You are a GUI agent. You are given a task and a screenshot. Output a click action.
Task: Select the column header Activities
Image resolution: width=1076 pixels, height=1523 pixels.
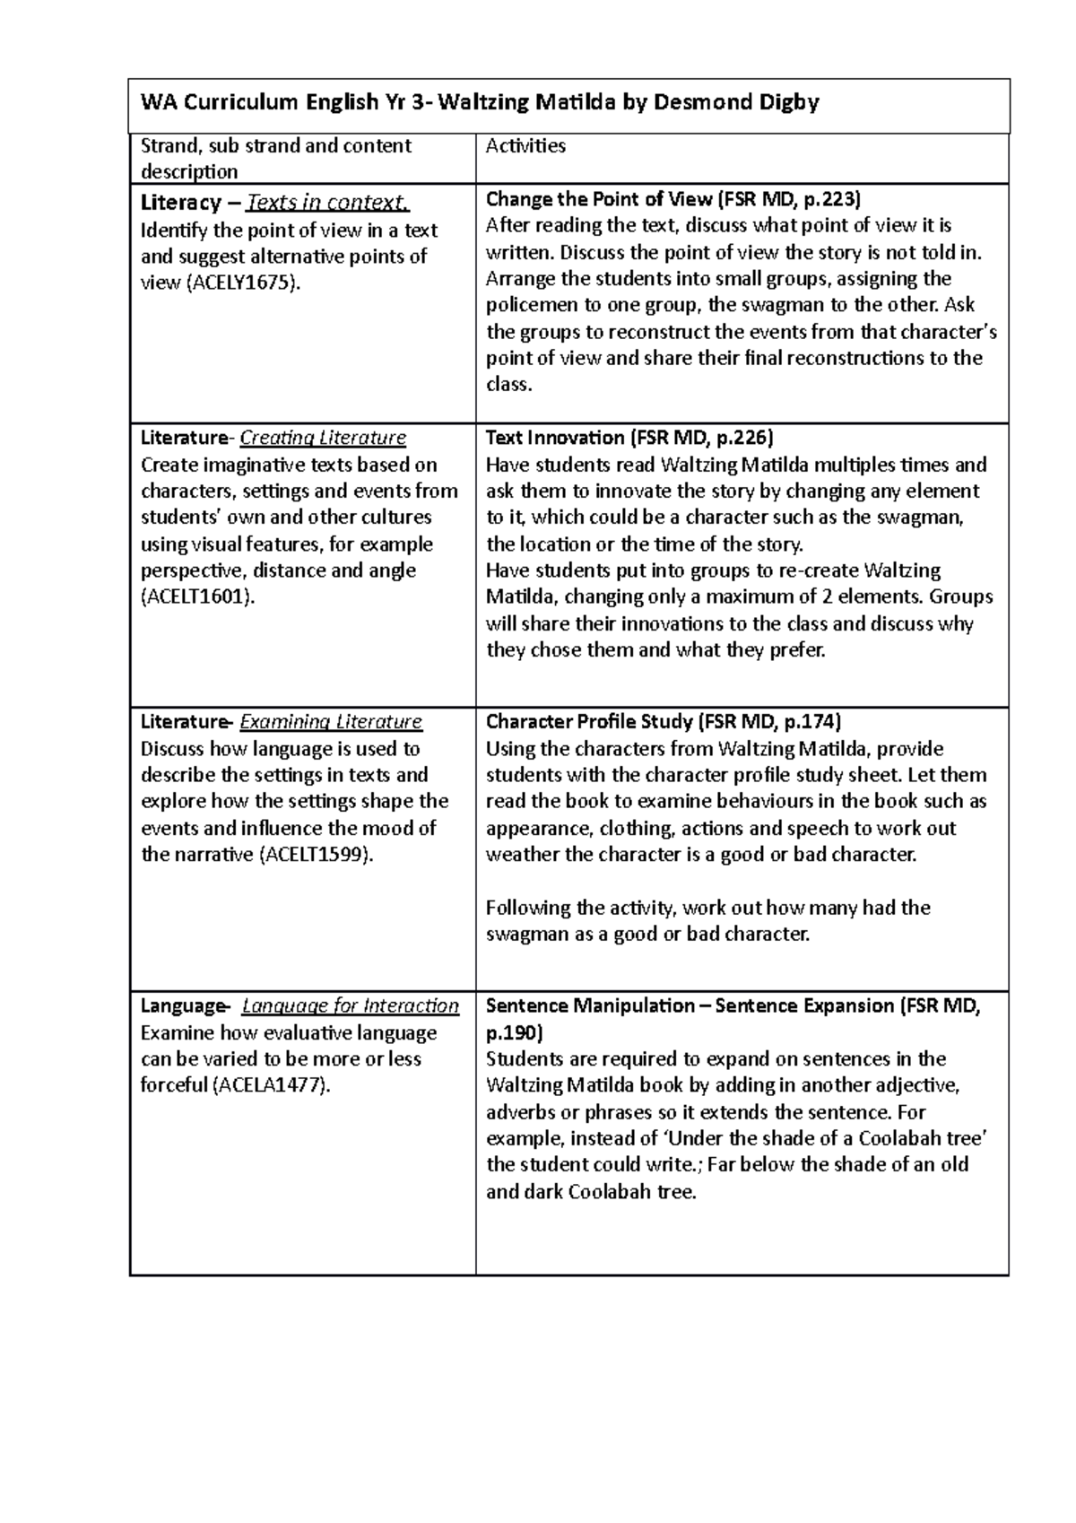[x=525, y=145]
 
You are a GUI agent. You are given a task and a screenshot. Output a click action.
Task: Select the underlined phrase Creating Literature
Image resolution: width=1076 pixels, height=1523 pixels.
[x=324, y=438]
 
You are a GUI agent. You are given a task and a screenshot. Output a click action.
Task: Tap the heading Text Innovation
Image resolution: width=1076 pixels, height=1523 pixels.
[x=554, y=438]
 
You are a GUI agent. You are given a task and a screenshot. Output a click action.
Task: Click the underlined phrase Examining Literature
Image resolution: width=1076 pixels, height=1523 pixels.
[x=332, y=722]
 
